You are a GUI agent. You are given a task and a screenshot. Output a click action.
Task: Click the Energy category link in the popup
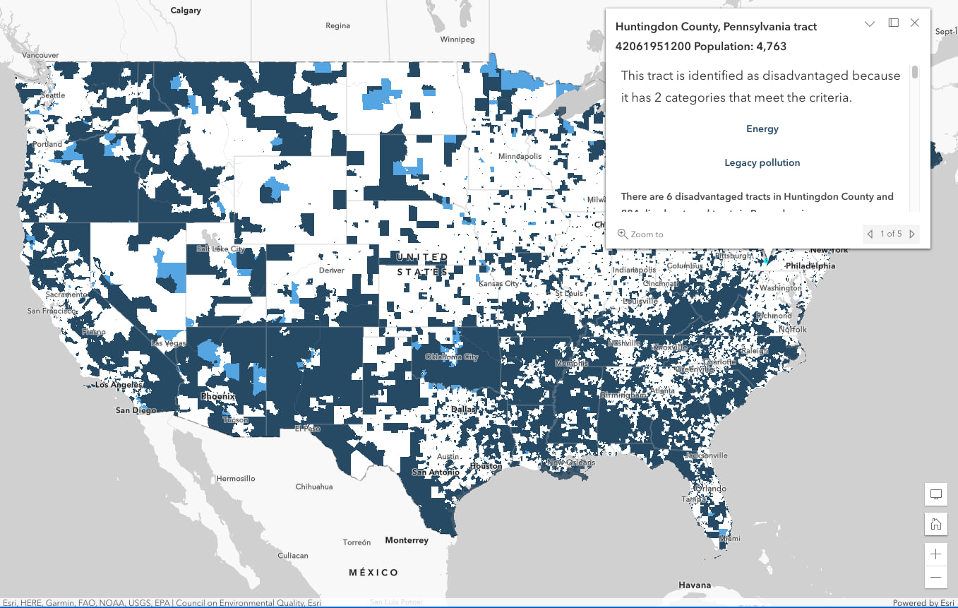pos(762,129)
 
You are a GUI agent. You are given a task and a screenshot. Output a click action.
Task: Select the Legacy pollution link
pos(762,162)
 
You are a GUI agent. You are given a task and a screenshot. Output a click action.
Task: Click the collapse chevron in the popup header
pos(870,23)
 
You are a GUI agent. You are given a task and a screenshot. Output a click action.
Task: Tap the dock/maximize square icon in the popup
pos(893,23)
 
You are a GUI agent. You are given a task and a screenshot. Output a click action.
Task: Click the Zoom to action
pos(640,234)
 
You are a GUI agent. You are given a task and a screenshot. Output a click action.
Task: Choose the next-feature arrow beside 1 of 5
pos(912,234)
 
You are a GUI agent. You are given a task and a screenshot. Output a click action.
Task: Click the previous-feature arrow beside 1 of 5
pos(870,234)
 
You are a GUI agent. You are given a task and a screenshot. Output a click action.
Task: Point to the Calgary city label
pos(186,11)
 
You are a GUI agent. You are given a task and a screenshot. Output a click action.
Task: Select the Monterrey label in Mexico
pos(407,540)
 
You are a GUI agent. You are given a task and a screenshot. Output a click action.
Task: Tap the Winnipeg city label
pos(457,40)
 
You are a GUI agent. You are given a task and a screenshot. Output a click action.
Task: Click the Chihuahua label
pos(313,487)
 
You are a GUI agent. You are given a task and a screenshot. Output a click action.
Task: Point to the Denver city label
pos(331,270)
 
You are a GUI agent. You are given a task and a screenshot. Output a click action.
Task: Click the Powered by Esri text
pos(923,603)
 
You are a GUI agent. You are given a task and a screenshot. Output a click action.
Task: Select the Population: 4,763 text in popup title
pos(740,47)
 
